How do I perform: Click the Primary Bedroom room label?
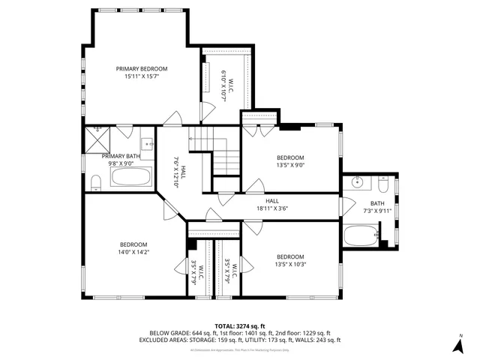[141, 68]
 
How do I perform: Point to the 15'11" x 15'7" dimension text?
[141, 76]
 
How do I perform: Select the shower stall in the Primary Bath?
[97, 138]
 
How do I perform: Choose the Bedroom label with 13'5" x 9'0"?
[290, 157]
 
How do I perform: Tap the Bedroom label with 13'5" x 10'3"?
[290, 256]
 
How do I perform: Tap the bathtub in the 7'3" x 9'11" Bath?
[361, 236]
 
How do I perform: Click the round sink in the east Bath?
[358, 182]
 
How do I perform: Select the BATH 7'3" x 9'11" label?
[376, 203]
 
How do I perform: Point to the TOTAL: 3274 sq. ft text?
[240, 325]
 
